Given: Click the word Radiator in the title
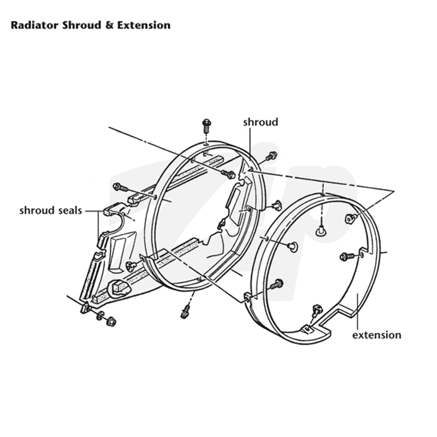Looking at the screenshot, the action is pos(34,25).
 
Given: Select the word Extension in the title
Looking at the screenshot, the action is pos(144,25).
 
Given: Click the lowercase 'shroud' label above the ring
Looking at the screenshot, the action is pos(261,122).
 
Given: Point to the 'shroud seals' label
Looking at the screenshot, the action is pos(51,210).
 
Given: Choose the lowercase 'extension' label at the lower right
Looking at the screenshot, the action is pos(377,335).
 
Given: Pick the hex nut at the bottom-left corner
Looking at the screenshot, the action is pos(111,322).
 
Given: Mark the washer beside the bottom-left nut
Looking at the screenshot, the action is pos(100,316).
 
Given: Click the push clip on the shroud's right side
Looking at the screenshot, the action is pos(276,205).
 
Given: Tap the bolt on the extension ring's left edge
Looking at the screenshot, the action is pos(276,284).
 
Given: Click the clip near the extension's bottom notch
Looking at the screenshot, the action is pos(316,310).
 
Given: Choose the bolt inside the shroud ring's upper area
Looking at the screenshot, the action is pos(228,174).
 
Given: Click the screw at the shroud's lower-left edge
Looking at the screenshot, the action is pos(131,266).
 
